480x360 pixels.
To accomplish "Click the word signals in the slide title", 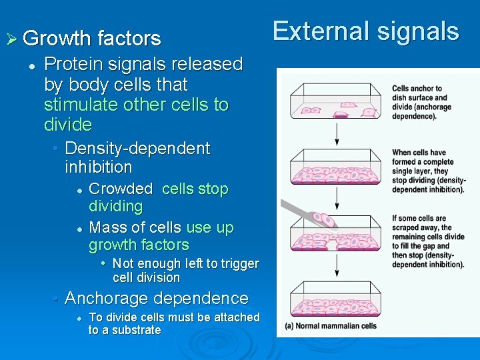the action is tap(418, 31).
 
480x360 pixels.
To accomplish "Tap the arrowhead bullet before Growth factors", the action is tap(11, 39).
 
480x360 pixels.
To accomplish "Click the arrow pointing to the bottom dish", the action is tap(338, 266).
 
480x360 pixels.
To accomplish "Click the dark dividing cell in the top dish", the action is tap(340, 115).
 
